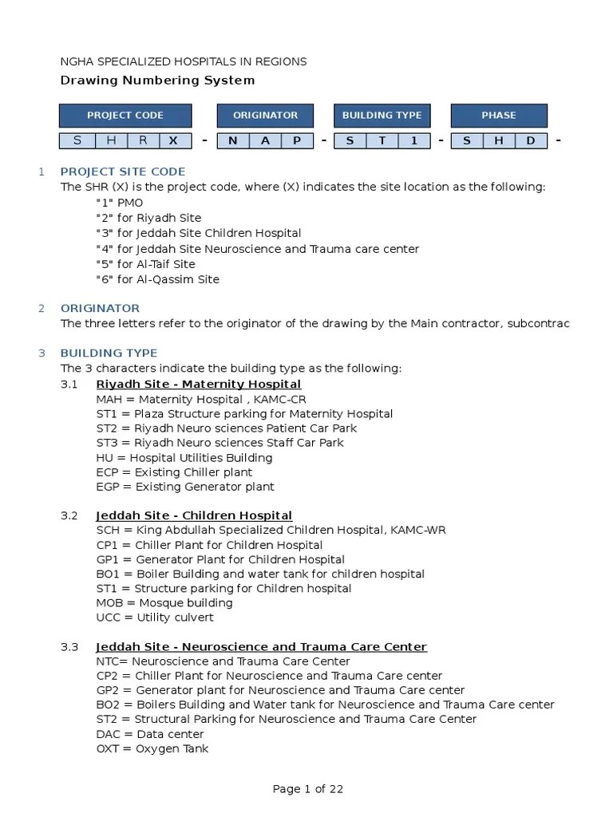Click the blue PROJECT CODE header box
click(125, 116)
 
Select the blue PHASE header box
click(499, 116)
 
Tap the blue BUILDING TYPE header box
click(382, 116)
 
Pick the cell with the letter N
click(233, 141)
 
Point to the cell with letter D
click(530, 141)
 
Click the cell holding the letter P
click(297, 141)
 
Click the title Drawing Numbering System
click(158, 80)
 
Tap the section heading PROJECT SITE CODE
click(123, 172)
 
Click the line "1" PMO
click(120, 203)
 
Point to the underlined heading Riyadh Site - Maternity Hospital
click(199, 385)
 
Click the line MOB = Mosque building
click(164, 603)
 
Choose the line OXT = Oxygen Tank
click(152, 749)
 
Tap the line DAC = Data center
click(150, 734)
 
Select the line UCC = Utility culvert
click(155, 618)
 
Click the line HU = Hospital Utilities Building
click(184, 458)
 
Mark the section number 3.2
click(69, 515)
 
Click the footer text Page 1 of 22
click(308, 789)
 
